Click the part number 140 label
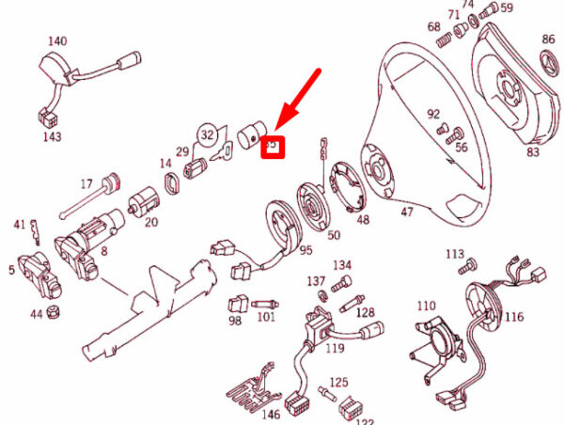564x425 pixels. pos(58,41)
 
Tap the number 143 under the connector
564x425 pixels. pos(52,137)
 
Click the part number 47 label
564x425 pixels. pos(406,212)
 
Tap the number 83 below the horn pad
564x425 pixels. pos(534,151)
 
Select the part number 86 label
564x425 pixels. pos(549,39)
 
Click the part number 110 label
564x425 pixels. pos(427,307)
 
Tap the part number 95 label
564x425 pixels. pos(306,249)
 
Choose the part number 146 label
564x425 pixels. pos(271,414)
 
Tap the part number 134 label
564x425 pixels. pos(341,265)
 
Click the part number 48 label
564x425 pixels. pos(363,221)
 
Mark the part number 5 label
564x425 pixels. pos(10,270)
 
